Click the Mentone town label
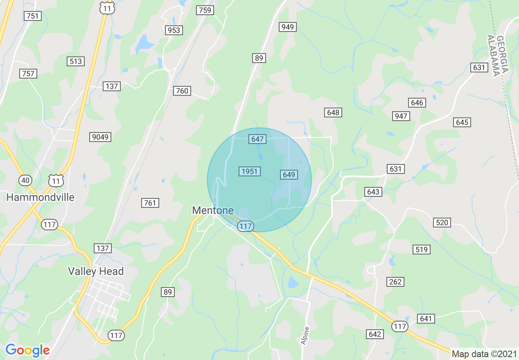point(213,210)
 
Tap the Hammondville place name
point(41,197)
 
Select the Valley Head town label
point(96,271)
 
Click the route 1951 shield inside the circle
point(249,171)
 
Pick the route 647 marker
point(257,139)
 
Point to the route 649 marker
point(289,175)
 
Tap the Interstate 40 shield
point(25,180)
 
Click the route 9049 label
point(100,137)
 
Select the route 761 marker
point(150,202)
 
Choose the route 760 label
point(182,90)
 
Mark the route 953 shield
point(174,30)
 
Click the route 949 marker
point(288,27)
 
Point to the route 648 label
point(333,112)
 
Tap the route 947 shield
point(401,116)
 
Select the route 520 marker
point(442,222)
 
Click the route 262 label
point(395,281)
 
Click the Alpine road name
point(305,335)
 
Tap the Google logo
point(27,350)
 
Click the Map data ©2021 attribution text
point(484,354)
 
